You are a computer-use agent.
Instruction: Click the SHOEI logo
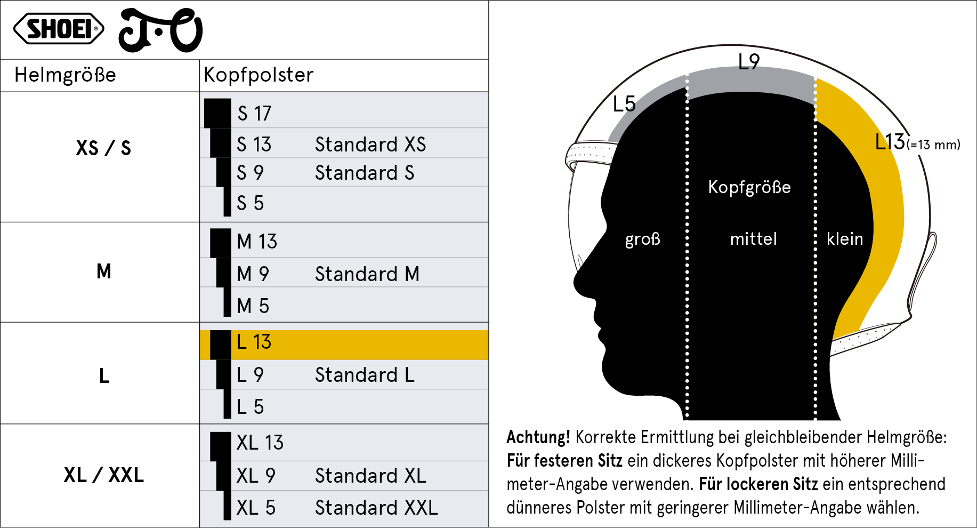(x=59, y=29)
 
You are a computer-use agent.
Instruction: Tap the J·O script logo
(x=160, y=30)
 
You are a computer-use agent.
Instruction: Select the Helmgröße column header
(x=65, y=75)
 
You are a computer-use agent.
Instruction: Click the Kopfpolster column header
(x=259, y=75)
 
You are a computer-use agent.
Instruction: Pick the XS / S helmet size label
(x=103, y=148)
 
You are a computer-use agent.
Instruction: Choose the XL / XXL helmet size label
(x=104, y=475)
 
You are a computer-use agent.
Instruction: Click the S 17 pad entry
(x=254, y=113)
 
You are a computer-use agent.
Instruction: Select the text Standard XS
(x=370, y=144)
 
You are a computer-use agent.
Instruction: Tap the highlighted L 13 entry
(x=254, y=342)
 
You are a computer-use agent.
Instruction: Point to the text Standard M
(x=367, y=274)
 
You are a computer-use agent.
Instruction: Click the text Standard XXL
(x=376, y=508)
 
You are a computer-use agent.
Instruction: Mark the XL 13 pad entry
(x=260, y=443)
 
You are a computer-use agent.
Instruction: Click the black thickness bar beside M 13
(x=221, y=243)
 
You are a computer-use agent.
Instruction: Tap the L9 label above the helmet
(x=749, y=62)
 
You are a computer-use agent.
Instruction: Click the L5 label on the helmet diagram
(x=624, y=103)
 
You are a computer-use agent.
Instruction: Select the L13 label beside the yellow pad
(x=890, y=142)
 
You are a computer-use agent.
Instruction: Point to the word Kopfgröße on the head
(x=749, y=187)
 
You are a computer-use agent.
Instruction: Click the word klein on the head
(x=845, y=238)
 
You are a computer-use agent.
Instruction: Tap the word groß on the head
(x=643, y=239)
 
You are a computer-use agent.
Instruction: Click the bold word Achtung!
(x=538, y=437)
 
